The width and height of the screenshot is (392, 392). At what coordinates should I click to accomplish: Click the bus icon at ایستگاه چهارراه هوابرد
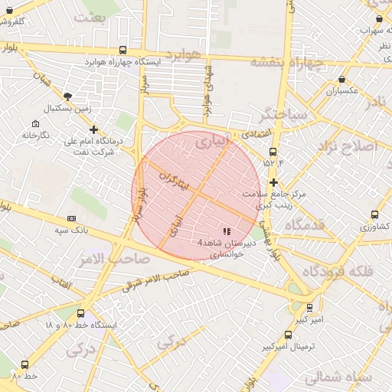click(123, 51)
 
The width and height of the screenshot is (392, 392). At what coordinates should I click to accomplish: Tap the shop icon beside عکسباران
click(341, 79)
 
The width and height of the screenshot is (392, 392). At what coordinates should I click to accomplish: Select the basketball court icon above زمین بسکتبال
click(68, 96)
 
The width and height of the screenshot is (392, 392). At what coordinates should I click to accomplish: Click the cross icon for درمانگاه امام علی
click(93, 129)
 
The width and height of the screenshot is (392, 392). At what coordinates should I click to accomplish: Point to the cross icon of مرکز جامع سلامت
click(274, 181)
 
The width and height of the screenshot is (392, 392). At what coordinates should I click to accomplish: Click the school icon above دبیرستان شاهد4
click(226, 230)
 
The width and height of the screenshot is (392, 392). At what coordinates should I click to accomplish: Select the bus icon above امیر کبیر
click(309, 307)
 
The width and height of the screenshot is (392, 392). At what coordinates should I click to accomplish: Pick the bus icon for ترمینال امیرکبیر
click(288, 335)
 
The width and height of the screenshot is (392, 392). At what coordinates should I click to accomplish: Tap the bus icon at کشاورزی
click(374, 215)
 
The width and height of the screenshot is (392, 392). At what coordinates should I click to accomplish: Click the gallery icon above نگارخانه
click(35, 124)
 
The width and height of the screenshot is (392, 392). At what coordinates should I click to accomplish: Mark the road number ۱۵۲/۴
click(273, 162)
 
